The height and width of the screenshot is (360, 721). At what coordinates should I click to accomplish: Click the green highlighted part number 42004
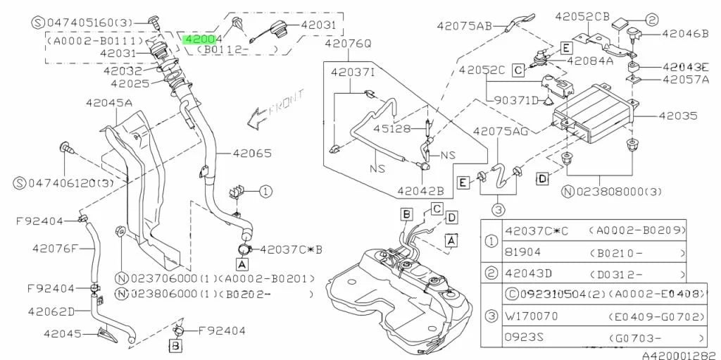(202, 39)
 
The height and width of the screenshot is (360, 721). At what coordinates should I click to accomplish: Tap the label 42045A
(109, 103)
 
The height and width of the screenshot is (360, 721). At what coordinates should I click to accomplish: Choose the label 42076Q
(348, 44)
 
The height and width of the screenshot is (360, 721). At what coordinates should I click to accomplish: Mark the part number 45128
(392, 128)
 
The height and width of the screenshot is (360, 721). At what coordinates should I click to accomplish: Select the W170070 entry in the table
(532, 317)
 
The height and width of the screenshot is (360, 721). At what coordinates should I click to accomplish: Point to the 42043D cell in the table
(528, 273)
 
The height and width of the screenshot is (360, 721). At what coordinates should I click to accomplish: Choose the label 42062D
(51, 311)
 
